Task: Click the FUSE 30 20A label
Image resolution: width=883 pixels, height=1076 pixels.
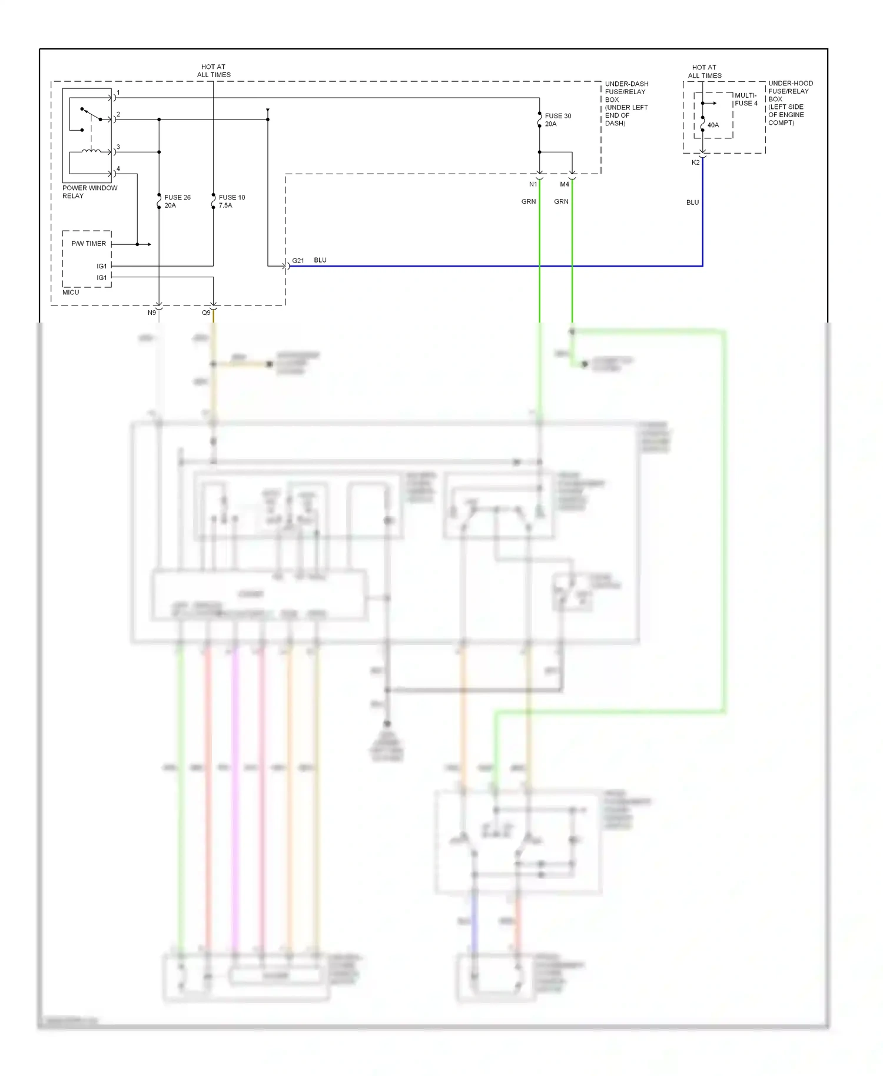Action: (557, 120)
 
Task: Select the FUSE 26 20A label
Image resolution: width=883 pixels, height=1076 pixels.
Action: (177, 201)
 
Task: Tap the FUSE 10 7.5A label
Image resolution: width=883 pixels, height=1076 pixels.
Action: (231, 201)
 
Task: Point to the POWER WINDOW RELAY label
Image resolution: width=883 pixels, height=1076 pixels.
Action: (89, 192)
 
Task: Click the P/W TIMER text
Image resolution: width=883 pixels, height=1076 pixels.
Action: (88, 244)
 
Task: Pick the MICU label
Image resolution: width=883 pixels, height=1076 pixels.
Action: (71, 293)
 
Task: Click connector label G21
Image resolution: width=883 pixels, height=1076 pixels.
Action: (298, 261)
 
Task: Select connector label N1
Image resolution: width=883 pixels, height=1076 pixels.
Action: (533, 184)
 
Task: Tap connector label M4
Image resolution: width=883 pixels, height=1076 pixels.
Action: (564, 184)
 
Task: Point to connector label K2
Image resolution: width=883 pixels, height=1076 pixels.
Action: (695, 162)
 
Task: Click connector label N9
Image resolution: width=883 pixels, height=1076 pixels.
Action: (152, 313)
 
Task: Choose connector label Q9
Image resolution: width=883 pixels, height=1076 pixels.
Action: (206, 313)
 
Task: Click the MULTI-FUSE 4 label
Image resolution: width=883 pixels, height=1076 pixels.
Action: (746, 99)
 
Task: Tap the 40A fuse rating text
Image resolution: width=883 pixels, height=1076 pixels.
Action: (713, 125)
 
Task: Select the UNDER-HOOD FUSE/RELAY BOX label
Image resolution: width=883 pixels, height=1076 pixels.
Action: (790, 103)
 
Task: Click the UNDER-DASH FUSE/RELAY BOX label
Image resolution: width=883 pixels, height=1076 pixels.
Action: (626, 104)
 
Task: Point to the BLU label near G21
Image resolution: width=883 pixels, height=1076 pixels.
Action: (320, 260)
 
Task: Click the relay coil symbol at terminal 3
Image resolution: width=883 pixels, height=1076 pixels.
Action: (91, 151)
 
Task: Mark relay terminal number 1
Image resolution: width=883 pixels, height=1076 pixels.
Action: (118, 93)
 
